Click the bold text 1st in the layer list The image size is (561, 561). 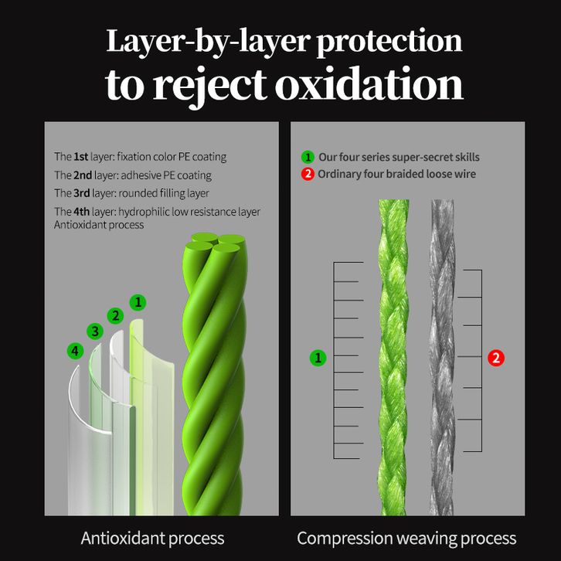pyautogui.click(x=80, y=156)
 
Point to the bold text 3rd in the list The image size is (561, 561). pyautogui.click(x=82, y=193)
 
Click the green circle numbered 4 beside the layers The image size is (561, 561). pyautogui.click(x=74, y=351)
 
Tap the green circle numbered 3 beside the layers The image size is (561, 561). pyautogui.click(x=95, y=331)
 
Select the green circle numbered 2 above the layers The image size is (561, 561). pyautogui.click(x=116, y=315)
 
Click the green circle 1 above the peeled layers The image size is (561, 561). pyautogui.click(x=137, y=301)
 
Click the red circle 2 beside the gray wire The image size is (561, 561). pyautogui.click(x=496, y=358)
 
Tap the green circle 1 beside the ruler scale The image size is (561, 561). pyautogui.click(x=318, y=358)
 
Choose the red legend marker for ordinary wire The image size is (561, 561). pyautogui.click(x=308, y=174)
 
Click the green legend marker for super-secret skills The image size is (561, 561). pyautogui.click(x=308, y=156)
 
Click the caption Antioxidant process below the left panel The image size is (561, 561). pyautogui.click(x=152, y=538)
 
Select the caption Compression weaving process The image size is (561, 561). pyautogui.click(x=406, y=538)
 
